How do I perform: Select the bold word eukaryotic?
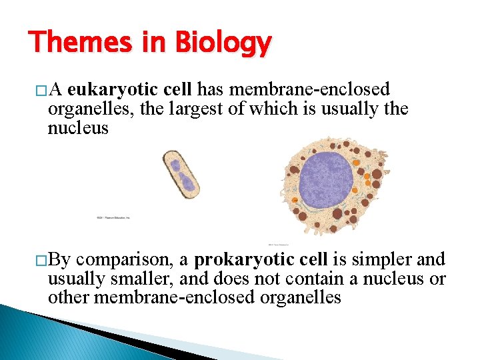click(111, 90)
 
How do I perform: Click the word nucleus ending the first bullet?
click(78, 127)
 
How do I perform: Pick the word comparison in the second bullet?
click(131, 259)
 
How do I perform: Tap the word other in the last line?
click(69, 297)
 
